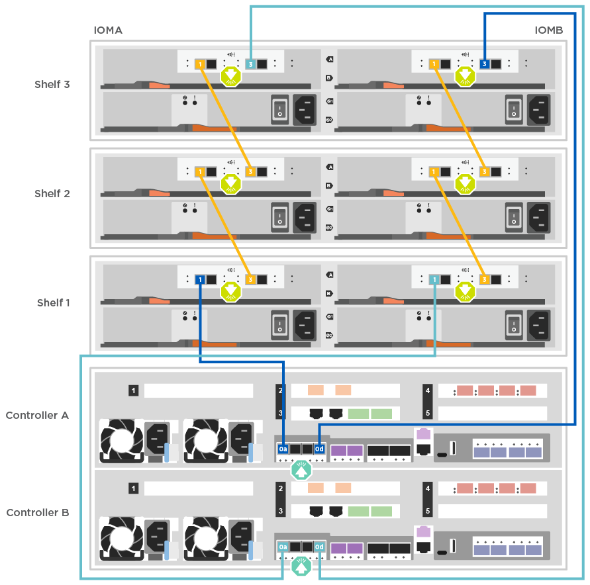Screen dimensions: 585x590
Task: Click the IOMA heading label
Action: (x=107, y=30)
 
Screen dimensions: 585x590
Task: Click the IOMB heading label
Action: (x=549, y=30)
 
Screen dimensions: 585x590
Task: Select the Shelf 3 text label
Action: (x=52, y=85)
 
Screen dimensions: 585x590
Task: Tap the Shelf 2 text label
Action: (x=52, y=194)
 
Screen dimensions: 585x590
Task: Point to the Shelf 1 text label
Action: (x=53, y=303)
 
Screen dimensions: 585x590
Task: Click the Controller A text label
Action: (x=37, y=416)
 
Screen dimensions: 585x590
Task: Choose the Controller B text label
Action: (x=37, y=513)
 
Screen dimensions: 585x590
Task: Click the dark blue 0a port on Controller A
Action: (x=283, y=449)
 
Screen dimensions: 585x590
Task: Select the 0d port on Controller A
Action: (x=319, y=449)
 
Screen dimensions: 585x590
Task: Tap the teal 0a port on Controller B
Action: (x=283, y=547)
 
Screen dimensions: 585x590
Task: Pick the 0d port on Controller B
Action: (x=319, y=547)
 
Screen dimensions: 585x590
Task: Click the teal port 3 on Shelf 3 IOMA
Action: (x=250, y=64)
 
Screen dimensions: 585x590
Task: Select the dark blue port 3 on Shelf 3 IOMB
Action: (x=485, y=64)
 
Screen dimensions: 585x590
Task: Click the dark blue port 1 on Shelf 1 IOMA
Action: (x=200, y=280)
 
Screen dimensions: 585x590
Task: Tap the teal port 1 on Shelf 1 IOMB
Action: (x=434, y=280)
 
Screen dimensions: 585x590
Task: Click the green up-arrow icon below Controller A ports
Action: (x=301, y=470)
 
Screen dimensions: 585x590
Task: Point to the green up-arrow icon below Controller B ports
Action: (x=301, y=567)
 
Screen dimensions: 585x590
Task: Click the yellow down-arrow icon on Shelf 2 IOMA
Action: (x=230, y=183)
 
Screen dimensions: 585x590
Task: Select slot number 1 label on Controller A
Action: (x=134, y=391)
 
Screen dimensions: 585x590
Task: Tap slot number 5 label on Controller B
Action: (x=428, y=512)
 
